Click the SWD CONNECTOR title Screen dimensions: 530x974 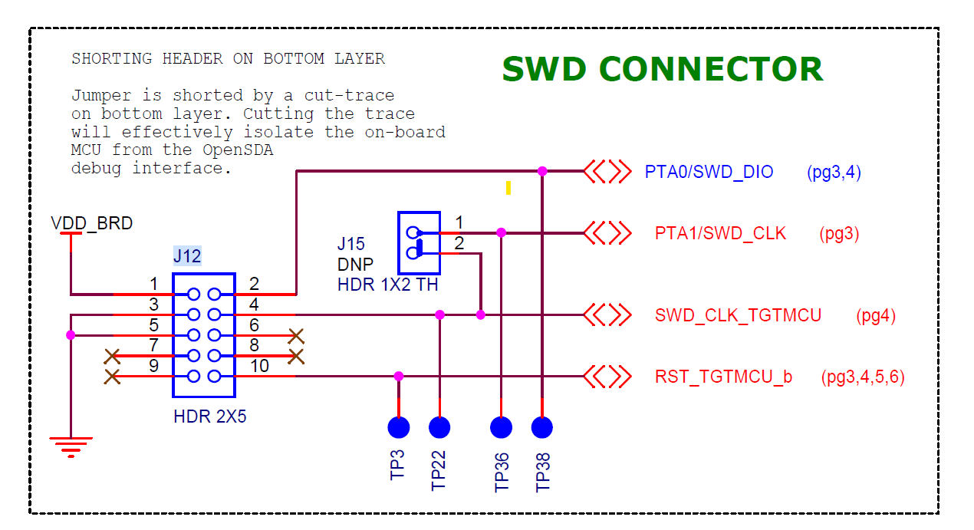pos(662,69)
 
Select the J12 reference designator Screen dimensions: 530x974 pos(187,256)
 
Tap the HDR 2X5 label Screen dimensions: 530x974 pos(210,418)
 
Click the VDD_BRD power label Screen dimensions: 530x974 pos(91,224)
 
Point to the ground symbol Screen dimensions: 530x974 pos(71,446)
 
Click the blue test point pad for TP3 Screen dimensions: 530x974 pos(399,427)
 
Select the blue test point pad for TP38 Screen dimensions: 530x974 pos(542,427)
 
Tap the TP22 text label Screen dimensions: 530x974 pos(439,469)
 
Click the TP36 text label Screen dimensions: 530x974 pos(502,471)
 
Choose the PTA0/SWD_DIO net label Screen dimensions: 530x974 pos(709,172)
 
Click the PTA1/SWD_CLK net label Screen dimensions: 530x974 pos(720,233)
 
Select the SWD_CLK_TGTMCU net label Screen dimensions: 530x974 pos(738,315)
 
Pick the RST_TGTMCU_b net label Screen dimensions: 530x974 pos(723,377)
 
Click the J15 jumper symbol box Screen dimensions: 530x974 pos(419,242)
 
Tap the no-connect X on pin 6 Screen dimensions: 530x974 pos(295,336)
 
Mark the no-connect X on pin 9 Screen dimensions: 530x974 pos(112,377)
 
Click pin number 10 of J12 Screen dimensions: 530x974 pos(260,367)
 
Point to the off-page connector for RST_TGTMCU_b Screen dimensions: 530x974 pos(607,377)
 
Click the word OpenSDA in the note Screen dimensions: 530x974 pos(237,150)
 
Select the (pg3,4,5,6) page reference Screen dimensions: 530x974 pos(862,377)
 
